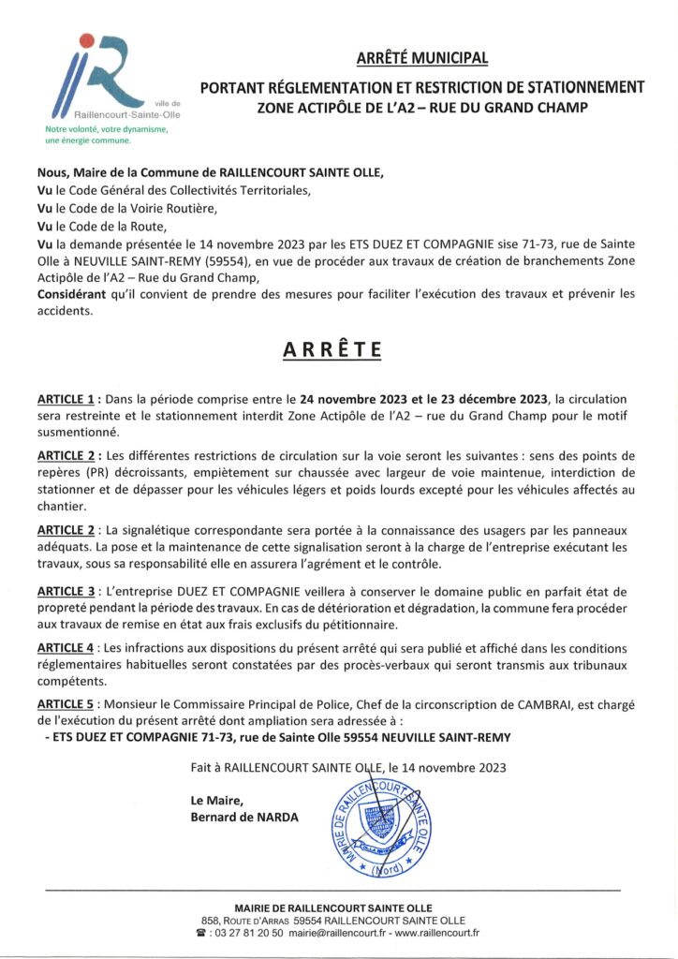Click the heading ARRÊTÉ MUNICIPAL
[422, 58]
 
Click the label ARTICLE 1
[79, 400]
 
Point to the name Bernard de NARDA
[244, 817]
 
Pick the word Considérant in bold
[76, 294]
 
